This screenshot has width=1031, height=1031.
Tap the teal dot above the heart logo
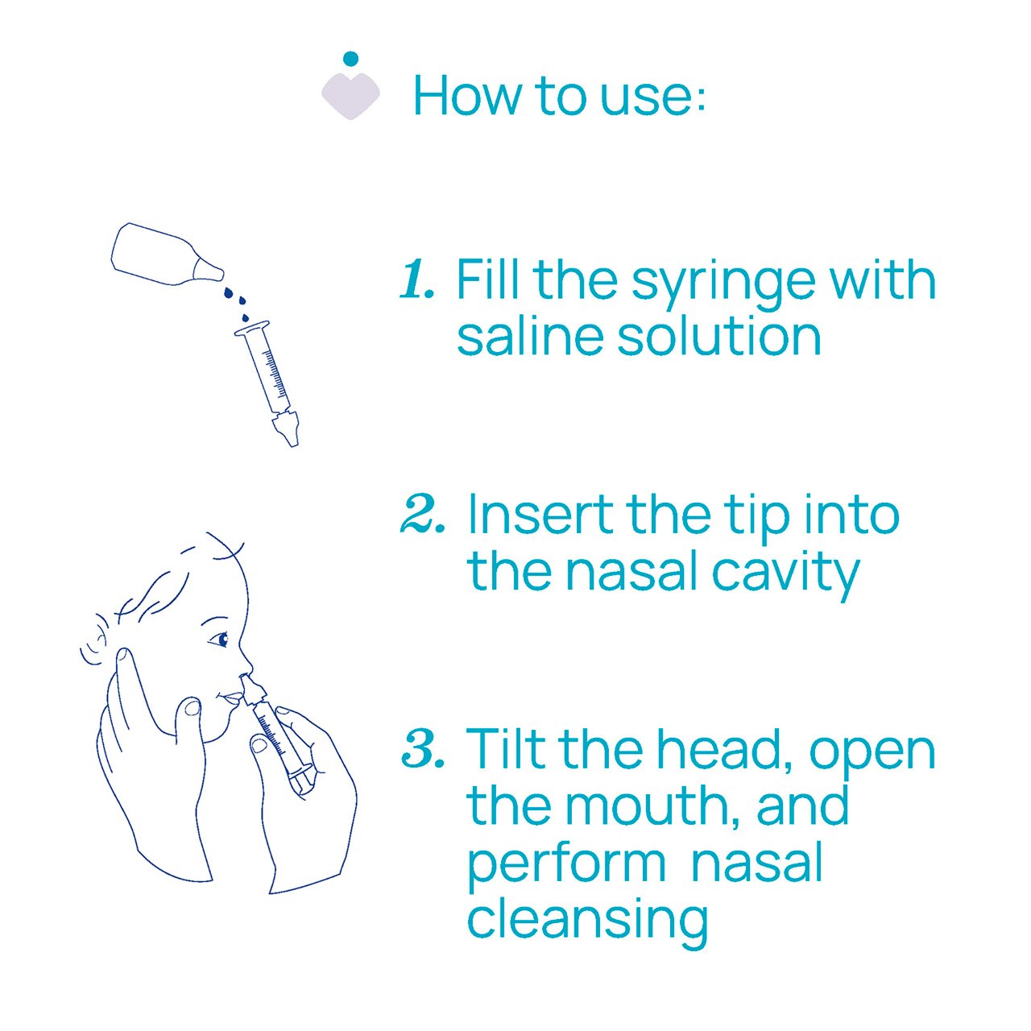point(350,58)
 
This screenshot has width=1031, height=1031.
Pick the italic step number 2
point(422,514)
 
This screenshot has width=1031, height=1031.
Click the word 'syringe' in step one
point(723,285)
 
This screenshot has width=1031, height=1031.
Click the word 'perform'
point(567,867)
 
